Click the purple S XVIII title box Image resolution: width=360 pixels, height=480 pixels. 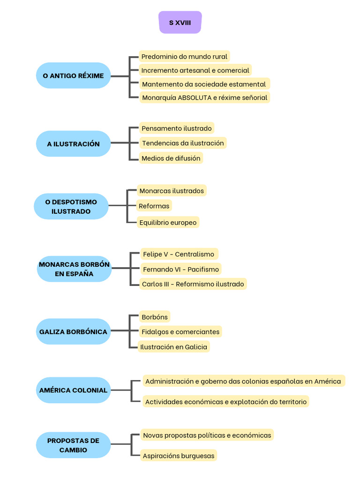point(180,22)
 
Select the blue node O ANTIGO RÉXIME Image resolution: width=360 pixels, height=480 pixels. point(73,75)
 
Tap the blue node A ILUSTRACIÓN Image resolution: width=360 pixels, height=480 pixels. point(73,144)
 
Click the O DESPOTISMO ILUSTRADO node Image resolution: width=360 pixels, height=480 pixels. point(71,206)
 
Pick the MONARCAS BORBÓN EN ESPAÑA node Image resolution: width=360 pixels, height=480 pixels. point(74,269)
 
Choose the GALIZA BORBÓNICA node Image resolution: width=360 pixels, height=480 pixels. point(73,331)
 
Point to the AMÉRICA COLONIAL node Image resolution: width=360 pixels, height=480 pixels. point(73,390)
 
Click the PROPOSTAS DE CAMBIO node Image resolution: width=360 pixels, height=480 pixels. point(73,445)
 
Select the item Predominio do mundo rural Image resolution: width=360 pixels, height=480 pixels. point(184,57)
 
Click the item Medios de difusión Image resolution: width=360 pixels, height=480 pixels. point(171,158)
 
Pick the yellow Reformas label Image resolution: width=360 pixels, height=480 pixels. point(154,206)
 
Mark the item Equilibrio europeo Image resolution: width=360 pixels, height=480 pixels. point(168,222)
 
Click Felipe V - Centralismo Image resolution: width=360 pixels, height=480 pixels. point(179,254)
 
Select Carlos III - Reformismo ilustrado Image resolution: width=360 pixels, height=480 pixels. point(193,284)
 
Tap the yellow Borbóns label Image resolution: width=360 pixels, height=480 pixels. point(154,317)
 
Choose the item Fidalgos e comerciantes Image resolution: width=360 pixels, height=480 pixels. point(180,332)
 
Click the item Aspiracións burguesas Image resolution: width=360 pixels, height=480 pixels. point(179,456)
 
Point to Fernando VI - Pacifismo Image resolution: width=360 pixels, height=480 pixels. point(180,269)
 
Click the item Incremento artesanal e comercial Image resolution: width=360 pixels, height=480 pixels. point(195,70)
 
